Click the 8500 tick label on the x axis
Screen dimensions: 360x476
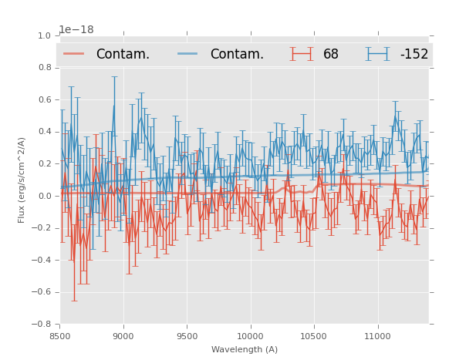60,336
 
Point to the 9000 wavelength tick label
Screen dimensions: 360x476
123,336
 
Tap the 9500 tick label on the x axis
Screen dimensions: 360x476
187,336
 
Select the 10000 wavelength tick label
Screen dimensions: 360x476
250,336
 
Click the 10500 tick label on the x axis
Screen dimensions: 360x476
313,336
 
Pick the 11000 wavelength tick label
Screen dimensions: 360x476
377,336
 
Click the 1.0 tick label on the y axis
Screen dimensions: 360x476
45,35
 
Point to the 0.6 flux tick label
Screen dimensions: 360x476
45,99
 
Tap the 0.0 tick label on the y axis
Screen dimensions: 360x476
45,196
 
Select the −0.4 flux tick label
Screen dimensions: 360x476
42,260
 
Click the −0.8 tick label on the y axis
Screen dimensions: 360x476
42,324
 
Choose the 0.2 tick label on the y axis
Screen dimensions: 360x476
45,163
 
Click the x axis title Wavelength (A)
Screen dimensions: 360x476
245,349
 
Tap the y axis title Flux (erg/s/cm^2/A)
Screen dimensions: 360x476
22,180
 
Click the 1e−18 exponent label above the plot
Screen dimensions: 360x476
76,29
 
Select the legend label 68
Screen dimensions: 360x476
331,54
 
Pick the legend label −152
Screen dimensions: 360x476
414,54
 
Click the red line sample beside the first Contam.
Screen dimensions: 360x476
74,54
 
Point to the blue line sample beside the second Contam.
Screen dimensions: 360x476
188,54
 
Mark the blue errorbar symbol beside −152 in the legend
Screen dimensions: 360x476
378,54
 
